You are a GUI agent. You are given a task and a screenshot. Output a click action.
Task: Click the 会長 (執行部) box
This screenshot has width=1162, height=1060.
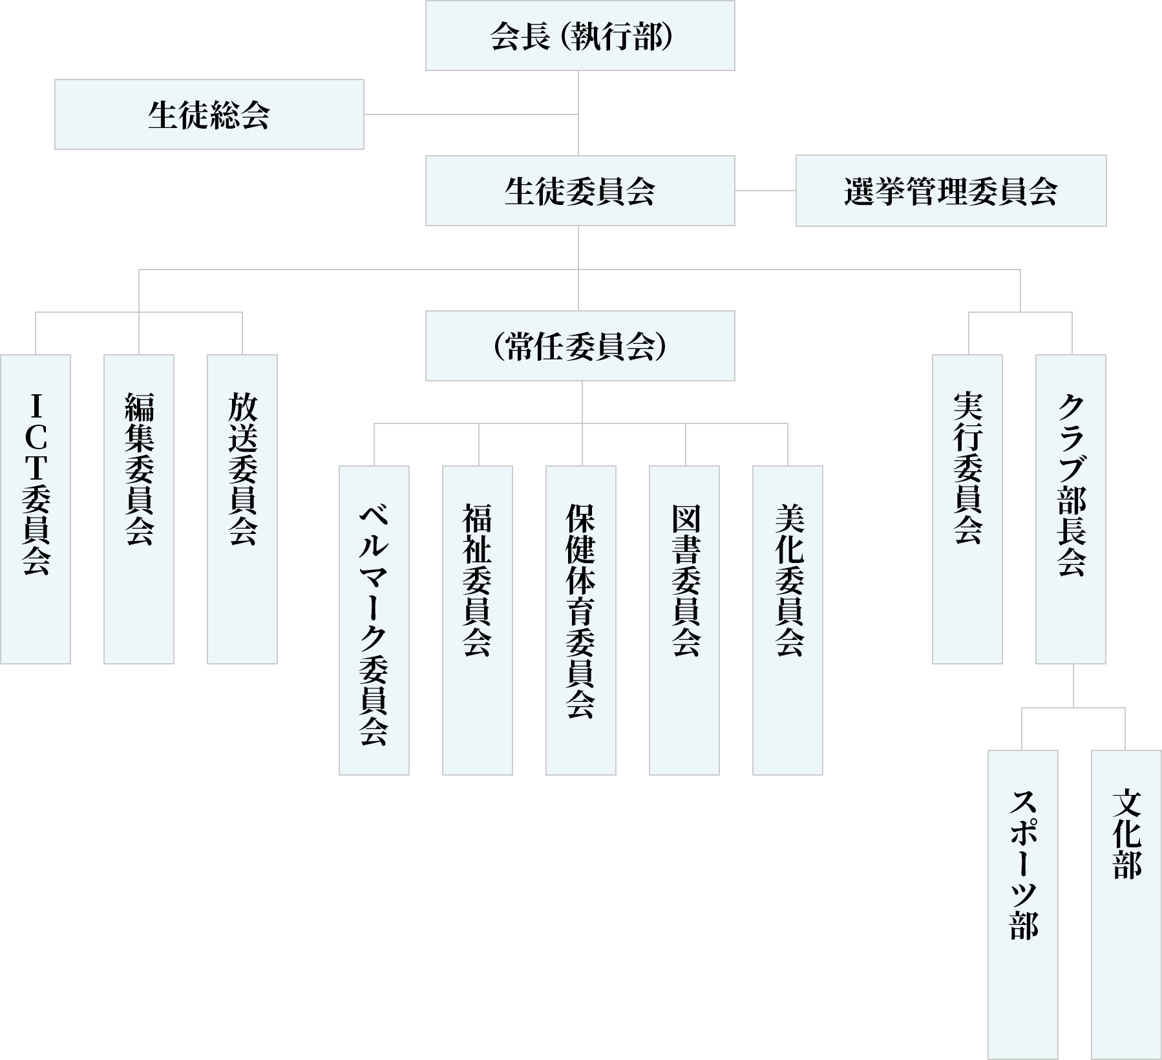[580, 36]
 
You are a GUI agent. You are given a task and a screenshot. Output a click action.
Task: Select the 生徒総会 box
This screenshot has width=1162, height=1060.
[209, 114]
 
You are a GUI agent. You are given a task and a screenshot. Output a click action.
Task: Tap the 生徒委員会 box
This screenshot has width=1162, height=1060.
[580, 191]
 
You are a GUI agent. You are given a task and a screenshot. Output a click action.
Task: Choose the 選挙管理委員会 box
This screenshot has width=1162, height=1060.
[951, 191]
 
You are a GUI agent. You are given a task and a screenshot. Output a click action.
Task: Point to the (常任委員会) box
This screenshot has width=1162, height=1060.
[580, 346]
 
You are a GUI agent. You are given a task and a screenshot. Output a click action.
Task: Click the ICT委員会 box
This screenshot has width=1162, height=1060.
[36, 509]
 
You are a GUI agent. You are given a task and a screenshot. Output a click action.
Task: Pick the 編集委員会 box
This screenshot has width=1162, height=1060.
[139, 509]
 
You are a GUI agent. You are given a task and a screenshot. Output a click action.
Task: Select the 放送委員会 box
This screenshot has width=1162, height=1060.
[242, 509]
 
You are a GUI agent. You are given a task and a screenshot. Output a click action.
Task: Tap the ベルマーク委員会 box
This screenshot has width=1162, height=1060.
[374, 620]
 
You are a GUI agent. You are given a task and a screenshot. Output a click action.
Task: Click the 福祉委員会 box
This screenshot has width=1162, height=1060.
[478, 620]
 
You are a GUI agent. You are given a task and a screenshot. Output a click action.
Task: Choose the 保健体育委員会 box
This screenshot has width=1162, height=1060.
[581, 620]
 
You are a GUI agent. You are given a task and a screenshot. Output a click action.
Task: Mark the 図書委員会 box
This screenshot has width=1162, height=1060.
[684, 620]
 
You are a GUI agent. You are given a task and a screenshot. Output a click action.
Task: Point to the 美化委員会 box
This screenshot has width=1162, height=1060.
[788, 620]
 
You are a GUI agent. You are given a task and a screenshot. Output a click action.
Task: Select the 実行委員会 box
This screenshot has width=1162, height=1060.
[967, 509]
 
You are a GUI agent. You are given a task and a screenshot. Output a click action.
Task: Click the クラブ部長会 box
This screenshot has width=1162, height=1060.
[1071, 509]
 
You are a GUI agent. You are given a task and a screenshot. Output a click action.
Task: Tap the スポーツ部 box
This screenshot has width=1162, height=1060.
[1023, 905]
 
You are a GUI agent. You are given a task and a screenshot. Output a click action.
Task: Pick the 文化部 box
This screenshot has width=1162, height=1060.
[1126, 905]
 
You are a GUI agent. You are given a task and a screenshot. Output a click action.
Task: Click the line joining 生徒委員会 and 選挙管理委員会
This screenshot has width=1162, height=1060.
[765, 191]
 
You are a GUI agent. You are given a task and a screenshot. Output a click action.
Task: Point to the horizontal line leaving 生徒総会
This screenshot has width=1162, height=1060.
[470, 114]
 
